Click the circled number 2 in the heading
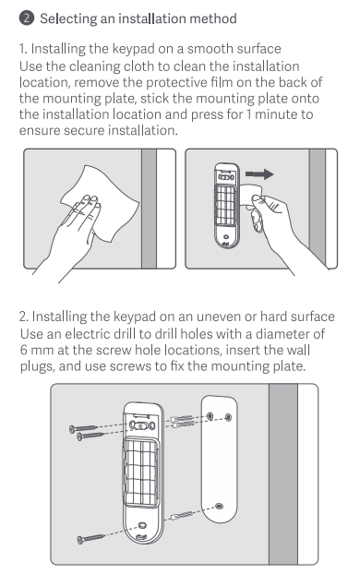[27, 18]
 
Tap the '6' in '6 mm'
[24, 350]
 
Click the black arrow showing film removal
[259, 174]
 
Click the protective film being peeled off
[251, 196]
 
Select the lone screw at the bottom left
[90, 538]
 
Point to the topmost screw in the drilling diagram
[83, 428]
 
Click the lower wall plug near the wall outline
[182, 516]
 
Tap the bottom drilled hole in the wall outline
[219, 507]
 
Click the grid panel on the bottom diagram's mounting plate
[141, 472]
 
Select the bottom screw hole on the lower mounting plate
[142, 526]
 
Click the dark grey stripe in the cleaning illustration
[149, 209]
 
